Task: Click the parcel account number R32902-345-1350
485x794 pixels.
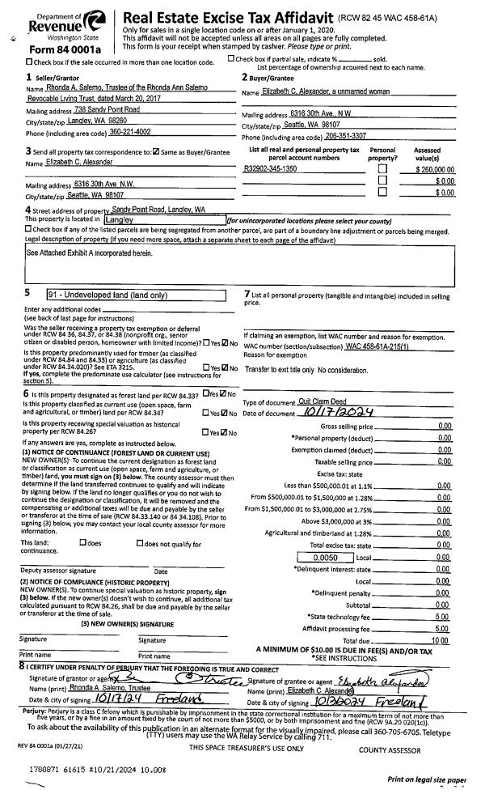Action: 270,168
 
